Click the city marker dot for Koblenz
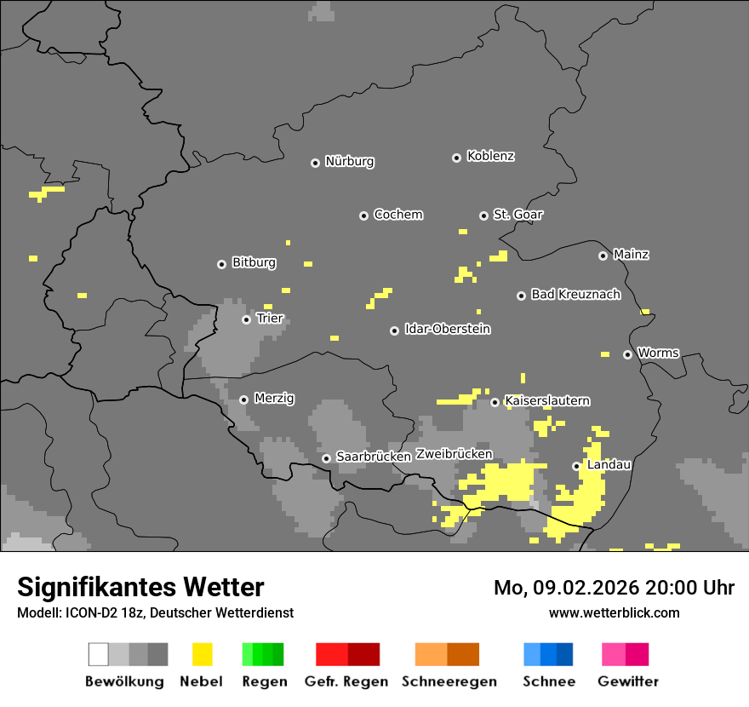tap(456, 158)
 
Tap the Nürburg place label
tap(349, 161)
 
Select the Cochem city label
tap(397, 215)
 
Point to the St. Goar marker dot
tap(483, 216)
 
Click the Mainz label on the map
tap(631, 255)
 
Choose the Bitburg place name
tap(254, 263)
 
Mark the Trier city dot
tap(246, 319)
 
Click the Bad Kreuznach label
tap(575, 295)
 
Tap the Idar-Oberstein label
tap(447, 330)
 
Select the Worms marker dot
tap(627, 354)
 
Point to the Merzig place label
tap(274, 399)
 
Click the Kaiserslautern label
tap(546, 401)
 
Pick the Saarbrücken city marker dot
tap(326, 458)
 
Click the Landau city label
tap(609, 465)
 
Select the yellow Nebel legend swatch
tap(202, 654)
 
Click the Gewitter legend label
tap(627, 681)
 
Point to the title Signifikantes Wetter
tap(140, 588)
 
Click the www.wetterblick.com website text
tap(614, 612)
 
